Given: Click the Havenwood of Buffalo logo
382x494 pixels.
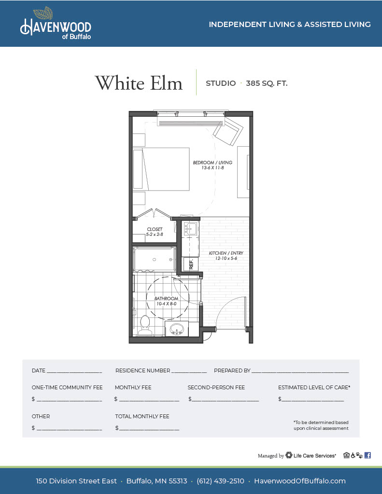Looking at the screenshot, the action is (x=56, y=23).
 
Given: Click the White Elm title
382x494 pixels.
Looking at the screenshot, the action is (x=139, y=83).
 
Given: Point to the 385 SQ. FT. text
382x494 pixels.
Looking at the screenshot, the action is (x=267, y=83).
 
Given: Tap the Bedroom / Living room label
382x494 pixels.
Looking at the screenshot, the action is (x=212, y=165).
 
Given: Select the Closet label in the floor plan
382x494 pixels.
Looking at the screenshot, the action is (x=155, y=232).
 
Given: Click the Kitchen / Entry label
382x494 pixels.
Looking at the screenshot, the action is (x=226, y=256).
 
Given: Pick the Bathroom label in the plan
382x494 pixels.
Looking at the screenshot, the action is (x=166, y=301).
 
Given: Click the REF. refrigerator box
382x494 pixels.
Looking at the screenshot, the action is (x=191, y=264).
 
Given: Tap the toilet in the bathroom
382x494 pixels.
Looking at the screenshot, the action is (x=145, y=325).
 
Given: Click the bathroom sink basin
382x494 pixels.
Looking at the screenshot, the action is (x=177, y=329).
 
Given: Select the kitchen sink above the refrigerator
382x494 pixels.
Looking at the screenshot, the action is (x=191, y=228).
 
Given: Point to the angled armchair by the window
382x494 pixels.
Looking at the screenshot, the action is (x=228, y=131).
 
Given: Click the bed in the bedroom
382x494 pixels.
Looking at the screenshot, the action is (x=161, y=169).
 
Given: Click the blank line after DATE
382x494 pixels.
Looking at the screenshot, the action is (x=74, y=372).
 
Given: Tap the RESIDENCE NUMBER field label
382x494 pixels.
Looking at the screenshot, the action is (x=142, y=370).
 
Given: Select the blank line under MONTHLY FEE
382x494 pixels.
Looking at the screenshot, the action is (x=149, y=401).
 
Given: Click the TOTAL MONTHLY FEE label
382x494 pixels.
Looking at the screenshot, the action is (x=142, y=416).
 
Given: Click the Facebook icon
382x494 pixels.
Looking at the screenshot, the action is (x=368, y=455).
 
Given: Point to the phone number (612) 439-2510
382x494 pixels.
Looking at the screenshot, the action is (x=220, y=481).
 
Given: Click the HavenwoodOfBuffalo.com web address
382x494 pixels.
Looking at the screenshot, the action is (x=300, y=481).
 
